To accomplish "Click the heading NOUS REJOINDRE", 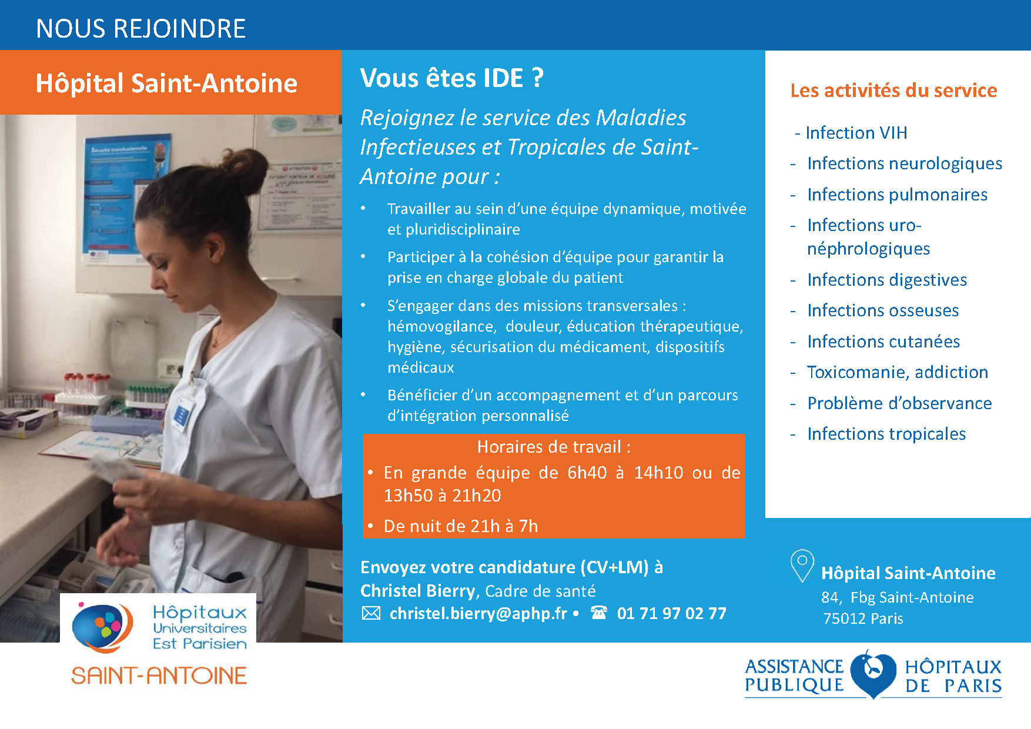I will pyautogui.click(x=140, y=28).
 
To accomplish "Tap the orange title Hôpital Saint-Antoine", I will pyautogui.click(x=166, y=83).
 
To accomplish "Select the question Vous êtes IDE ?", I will pyautogui.click(x=451, y=78).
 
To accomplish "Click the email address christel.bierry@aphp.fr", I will pyautogui.click(x=478, y=613).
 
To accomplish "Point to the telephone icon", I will pyautogui.click(x=599, y=613).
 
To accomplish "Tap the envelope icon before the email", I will pyautogui.click(x=371, y=613).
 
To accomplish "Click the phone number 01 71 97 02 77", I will pyautogui.click(x=671, y=613).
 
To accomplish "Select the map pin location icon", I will pyautogui.click(x=802, y=565).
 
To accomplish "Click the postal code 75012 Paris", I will pyautogui.click(x=862, y=618).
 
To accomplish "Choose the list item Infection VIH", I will pyautogui.click(x=856, y=133).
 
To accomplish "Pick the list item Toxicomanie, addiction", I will pyautogui.click(x=897, y=372).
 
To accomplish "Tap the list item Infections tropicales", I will pyautogui.click(x=886, y=434).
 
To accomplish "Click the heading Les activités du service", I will pyautogui.click(x=893, y=90).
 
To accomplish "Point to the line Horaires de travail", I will pyautogui.click(x=553, y=447).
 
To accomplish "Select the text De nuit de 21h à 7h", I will pyautogui.click(x=460, y=526).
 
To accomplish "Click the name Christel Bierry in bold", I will pyautogui.click(x=417, y=590).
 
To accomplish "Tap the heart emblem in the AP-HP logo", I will pyautogui.click(x=873, y=674).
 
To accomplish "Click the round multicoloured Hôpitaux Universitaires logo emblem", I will pyautogui.click(x=99, y=627).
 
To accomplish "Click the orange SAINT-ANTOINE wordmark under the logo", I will pyautogui.click(x=159, y=676).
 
